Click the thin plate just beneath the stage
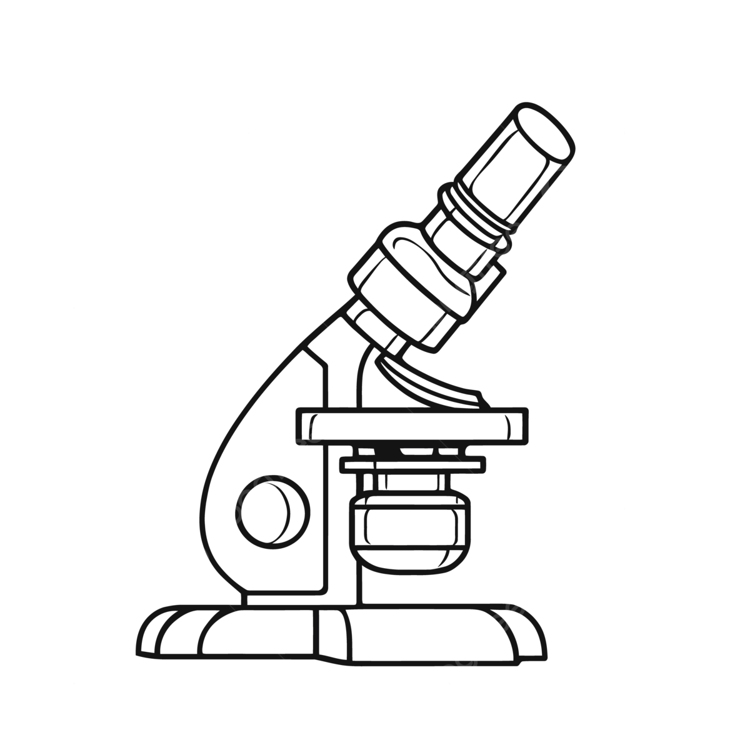(x=412, y=464)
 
